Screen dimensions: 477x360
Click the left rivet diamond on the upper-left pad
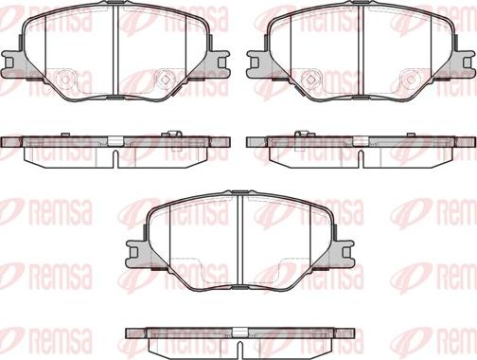(x=65, y=80)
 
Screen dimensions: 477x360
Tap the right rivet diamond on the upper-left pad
(x=165, y=80)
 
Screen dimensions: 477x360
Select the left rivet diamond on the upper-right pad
(x=309, y=80)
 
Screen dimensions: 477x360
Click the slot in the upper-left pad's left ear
(x=9, y=63)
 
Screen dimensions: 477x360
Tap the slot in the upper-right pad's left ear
(x=255, y=63)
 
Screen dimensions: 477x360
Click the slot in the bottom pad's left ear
(x=133, y=252)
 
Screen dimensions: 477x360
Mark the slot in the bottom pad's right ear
(x=346, y=252)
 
